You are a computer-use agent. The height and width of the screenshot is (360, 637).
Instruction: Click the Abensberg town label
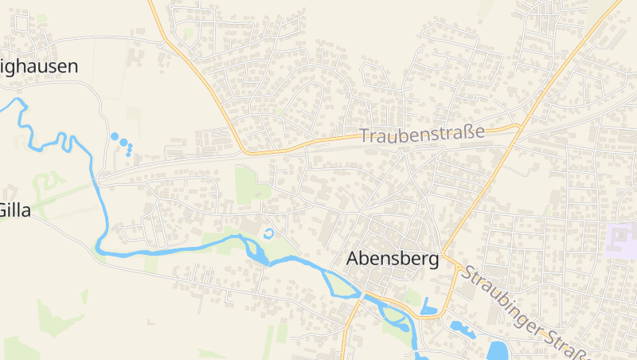pos(393,259)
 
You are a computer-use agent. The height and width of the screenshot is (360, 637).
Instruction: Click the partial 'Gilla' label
pos(14,210)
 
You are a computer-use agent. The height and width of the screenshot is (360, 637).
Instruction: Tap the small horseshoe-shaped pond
pos(268,234)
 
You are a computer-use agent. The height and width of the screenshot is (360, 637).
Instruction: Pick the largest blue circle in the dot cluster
pos(115,137)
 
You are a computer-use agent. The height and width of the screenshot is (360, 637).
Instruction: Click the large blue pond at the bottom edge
pos(498,350)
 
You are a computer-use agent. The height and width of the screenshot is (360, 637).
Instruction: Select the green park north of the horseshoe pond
pos(252,183)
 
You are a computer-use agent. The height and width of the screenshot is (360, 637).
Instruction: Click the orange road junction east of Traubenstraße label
pos(518,126)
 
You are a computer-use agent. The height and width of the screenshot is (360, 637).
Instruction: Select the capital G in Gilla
pos(5,210)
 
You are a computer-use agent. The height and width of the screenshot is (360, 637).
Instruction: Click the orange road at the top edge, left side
pos(151,4)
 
